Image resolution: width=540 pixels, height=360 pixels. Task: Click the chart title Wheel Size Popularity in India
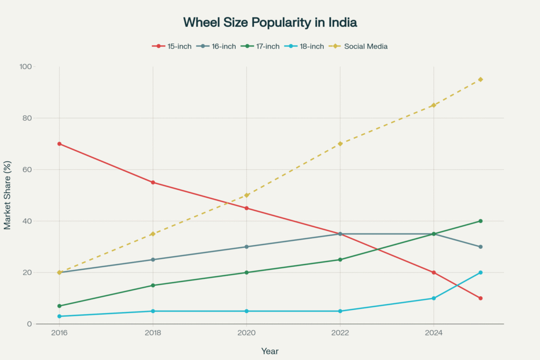pyautogui.click(x=269, y=22)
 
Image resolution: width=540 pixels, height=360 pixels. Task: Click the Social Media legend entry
pyautogui.click(x=360, y=46)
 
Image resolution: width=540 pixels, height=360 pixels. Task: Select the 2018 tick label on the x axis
pyautogui.click(x=153, y=333)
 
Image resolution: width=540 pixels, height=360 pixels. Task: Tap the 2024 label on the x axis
pyautogui.click(x=433, y=333)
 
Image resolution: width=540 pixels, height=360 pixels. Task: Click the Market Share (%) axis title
pyautogui.click(x=7, y=196)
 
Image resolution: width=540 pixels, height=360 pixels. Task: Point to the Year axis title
pyautogui.click(x=269, y=351)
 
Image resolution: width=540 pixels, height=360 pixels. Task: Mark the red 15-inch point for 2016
pyautogui.click(x=60, y=144)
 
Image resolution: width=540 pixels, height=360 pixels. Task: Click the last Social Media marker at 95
pyautogui.click(x=480, y=80)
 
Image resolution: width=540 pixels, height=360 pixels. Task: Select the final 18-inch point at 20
pyautogui.click(x=480, y=273)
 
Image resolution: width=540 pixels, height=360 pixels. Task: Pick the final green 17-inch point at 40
pyautogui.click(x=480, y=221)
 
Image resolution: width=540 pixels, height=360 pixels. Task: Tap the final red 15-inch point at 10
pyautogui.click(x=480, y=298)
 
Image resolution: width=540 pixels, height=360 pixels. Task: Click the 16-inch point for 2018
pyautogui.click(x=153, y=259)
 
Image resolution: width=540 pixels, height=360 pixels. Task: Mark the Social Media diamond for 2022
pyautogui.click(x=340, y=144)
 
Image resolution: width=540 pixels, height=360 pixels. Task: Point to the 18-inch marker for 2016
pyautogui.click(x=60, y=316)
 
